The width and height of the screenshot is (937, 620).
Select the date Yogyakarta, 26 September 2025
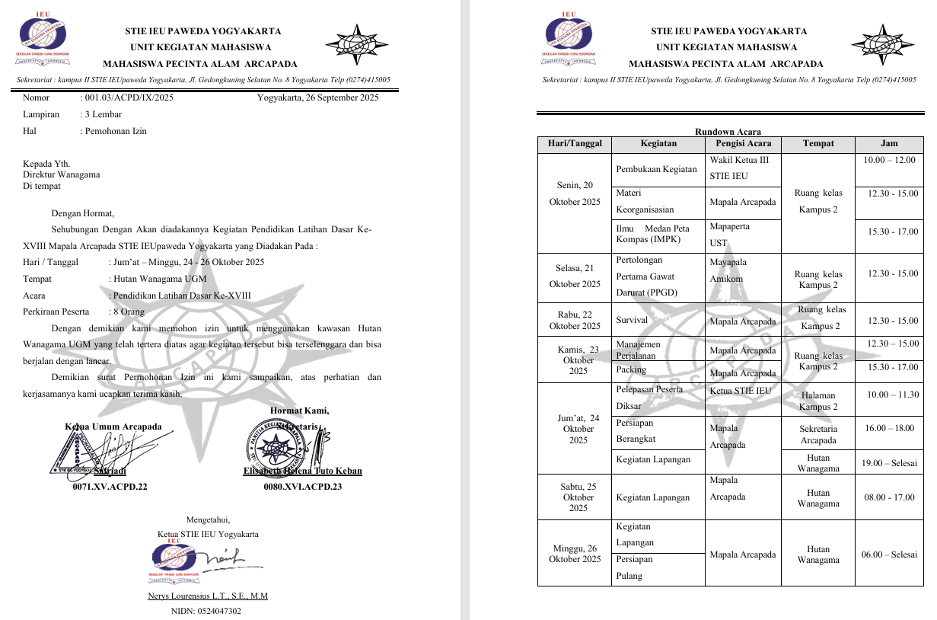317,97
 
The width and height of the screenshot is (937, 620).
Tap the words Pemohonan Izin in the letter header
116,131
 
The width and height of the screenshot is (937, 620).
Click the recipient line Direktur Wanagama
61,174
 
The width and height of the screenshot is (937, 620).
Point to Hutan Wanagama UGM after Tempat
160,279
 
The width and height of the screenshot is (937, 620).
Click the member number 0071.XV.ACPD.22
110,487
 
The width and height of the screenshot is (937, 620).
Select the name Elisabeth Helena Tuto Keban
302,471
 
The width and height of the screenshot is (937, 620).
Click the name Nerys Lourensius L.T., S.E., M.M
207,596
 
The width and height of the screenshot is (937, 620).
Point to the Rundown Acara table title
728,133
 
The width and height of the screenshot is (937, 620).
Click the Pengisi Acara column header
743,143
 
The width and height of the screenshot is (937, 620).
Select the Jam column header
888,143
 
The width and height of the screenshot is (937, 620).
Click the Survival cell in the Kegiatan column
632,321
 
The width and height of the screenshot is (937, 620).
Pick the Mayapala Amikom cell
728,270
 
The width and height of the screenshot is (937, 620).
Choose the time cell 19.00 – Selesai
889,463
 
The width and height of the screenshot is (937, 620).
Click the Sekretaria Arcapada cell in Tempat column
818,434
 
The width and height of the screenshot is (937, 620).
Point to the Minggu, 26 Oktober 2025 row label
575,554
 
